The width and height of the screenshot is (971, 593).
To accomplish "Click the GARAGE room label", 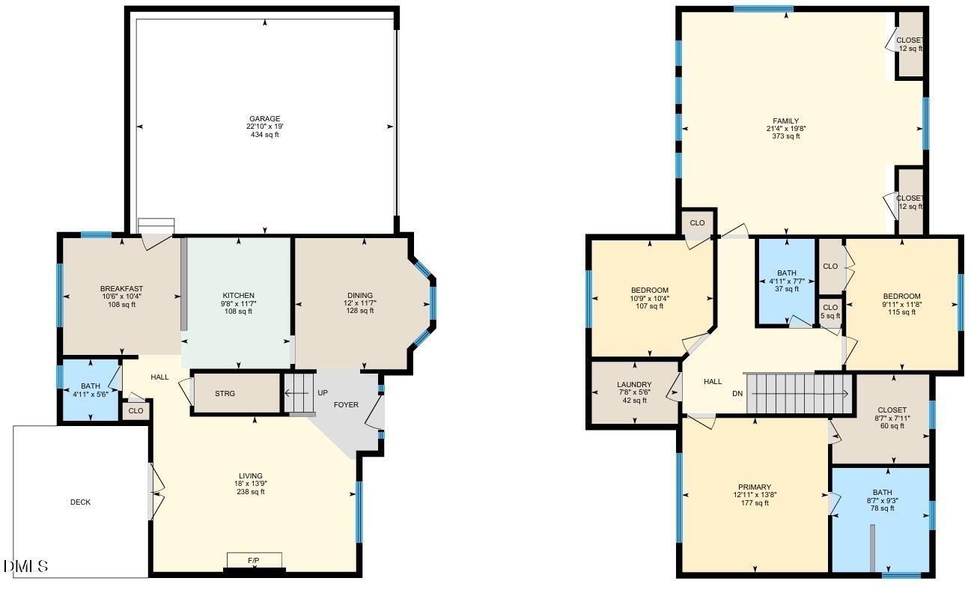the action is pyautogui.click(x=264, y=119).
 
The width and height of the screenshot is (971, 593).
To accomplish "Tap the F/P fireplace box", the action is pyautogui.click(x=255, y=560).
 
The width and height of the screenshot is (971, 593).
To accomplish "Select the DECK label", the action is pyautogui.click(x=80, y=502).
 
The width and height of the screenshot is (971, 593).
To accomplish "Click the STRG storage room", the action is pyautogui.click(x=237, y=393).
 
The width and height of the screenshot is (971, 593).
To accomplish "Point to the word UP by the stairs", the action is pyautogui.click(x=323, y=393).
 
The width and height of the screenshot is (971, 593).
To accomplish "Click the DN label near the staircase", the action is pyautogui.click(x=737, y=394).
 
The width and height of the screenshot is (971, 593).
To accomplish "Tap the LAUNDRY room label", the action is pyautogui.click(x=634, y=385).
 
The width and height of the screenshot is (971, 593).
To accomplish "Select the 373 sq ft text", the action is pyautogui.click(x=786, y=136).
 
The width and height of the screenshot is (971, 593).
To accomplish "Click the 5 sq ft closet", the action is pyautogui.click(x=830, y=311).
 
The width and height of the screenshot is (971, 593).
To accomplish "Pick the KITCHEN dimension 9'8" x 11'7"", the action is pyautogui.click(x=238, y=303).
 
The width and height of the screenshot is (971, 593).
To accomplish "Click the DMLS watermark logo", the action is pyautogui.click(x=25, y=566).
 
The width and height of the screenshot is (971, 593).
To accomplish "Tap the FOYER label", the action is pyautogui.click(x=346, y=405).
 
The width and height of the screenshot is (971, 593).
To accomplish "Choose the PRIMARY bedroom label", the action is pyautogui.click(x=755, y=487).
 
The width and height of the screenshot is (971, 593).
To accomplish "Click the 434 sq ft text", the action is pyautogui.click(x=264, y=135).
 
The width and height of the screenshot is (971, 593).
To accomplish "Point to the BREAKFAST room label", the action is pyautogui.click(x=121, y=289).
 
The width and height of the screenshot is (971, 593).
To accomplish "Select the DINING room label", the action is pyautogui.click(x=360, y=296).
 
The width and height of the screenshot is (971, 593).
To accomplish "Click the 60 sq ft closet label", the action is pyautogui.click(x=892, y=426).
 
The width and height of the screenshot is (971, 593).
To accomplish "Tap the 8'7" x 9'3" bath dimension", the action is pyautogui.click(x=882, y=500).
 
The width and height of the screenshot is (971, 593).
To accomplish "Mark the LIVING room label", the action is pyautogui.click(x=251, y=476).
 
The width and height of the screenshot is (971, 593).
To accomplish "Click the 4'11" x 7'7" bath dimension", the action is pyautogui.click(x=787, y=281).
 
